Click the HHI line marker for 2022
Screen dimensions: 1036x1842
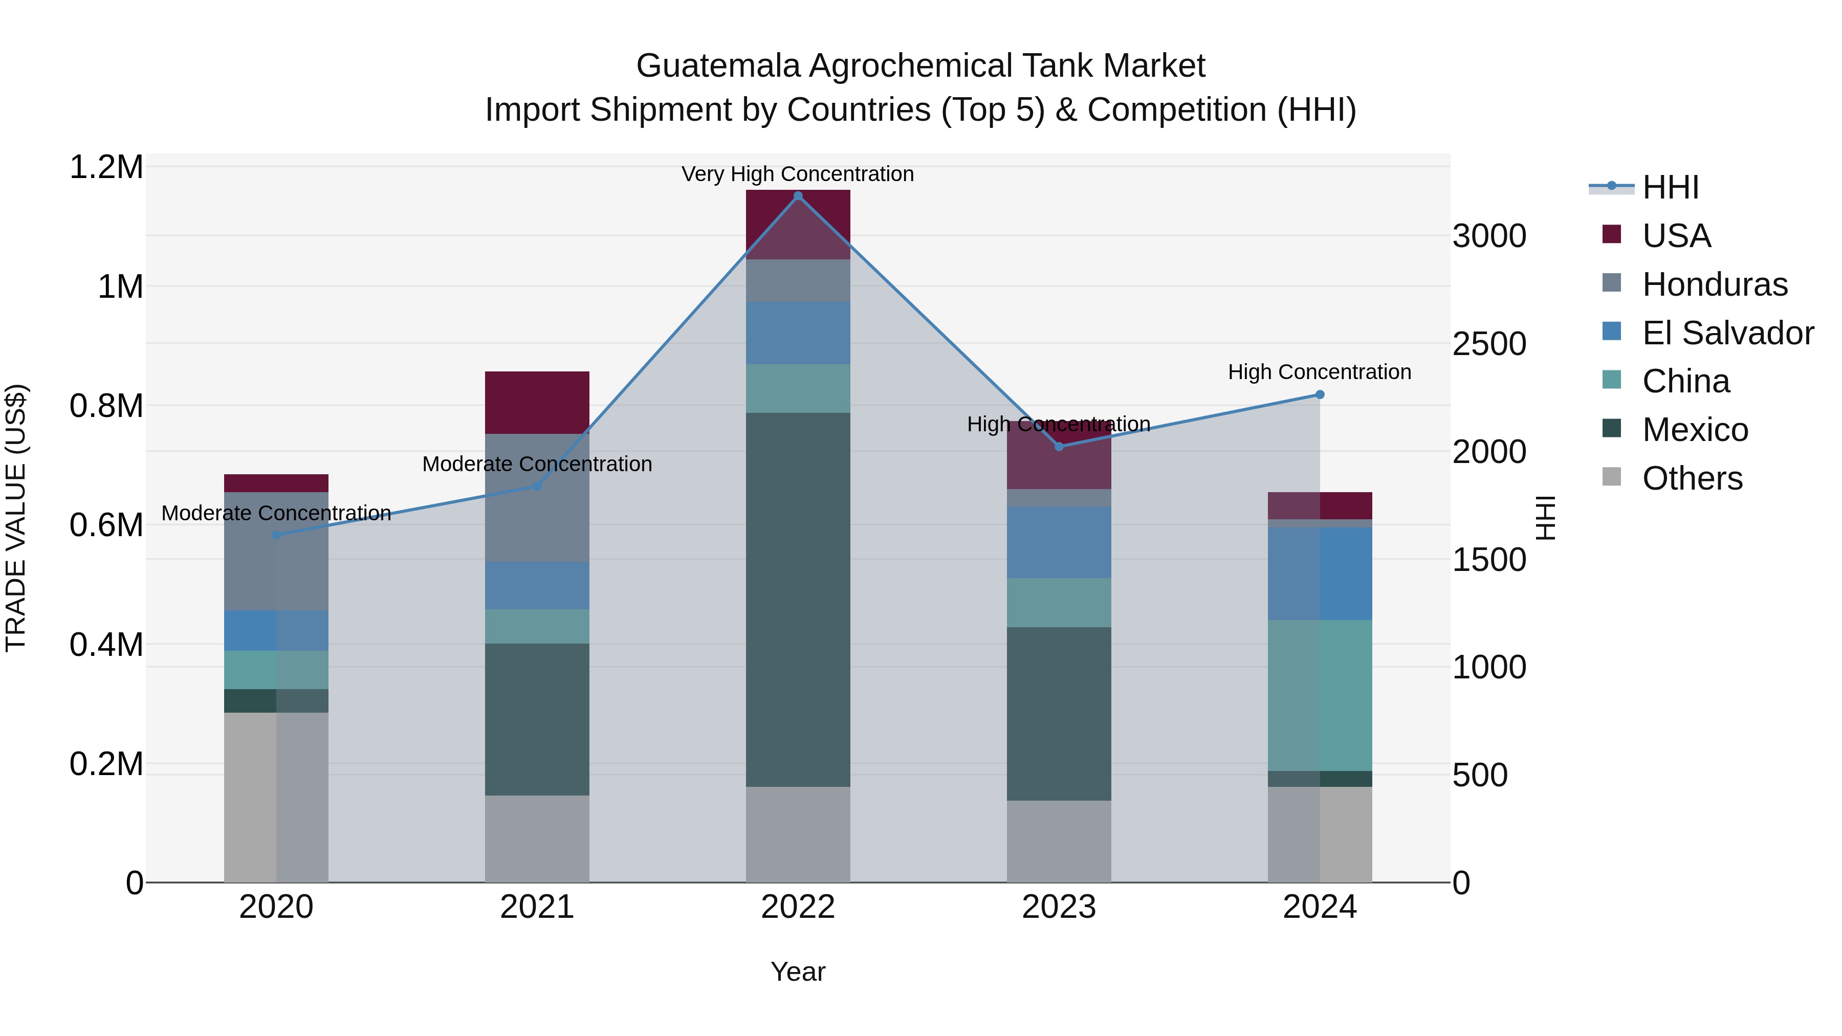point(798,196)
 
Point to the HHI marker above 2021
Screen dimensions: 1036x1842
point(537,486)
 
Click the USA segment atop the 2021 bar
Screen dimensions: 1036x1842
point(537,403)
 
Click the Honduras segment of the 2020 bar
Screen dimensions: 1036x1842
point(276,550)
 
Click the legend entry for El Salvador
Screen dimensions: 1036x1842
point(1727,333)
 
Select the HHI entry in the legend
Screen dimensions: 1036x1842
point(1670,187)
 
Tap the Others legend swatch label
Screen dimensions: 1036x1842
point(1692,478)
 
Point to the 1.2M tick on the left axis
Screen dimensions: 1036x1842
point(106,167)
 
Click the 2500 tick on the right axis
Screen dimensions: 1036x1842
point(1489,344)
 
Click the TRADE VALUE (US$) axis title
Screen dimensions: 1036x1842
point(16,518)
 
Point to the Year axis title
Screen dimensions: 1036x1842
point(798,972)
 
